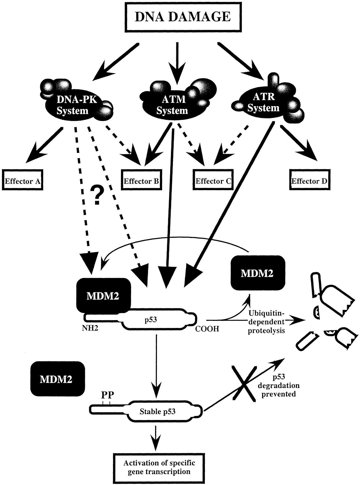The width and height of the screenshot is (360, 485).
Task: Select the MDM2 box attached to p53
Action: [103, 296]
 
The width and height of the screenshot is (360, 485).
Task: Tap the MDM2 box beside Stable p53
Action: [56, 379]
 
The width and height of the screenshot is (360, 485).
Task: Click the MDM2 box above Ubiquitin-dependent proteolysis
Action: [257, 273]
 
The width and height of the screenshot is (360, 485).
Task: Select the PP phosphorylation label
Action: [108, 395]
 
